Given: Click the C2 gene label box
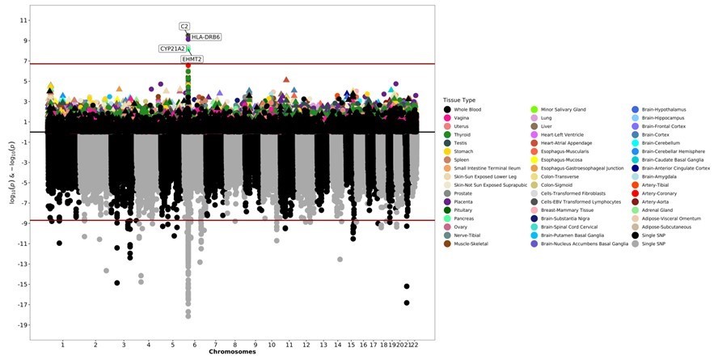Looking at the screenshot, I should (185, 26).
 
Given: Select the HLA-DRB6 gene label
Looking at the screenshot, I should (206, 37).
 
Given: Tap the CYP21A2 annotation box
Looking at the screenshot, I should (177, 49).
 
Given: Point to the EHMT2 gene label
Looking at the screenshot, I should (192, 59).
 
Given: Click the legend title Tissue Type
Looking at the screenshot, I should (459, 100).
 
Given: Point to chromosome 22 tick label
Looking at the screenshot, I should (416, 345).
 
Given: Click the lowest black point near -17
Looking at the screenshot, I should (407, 303).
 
